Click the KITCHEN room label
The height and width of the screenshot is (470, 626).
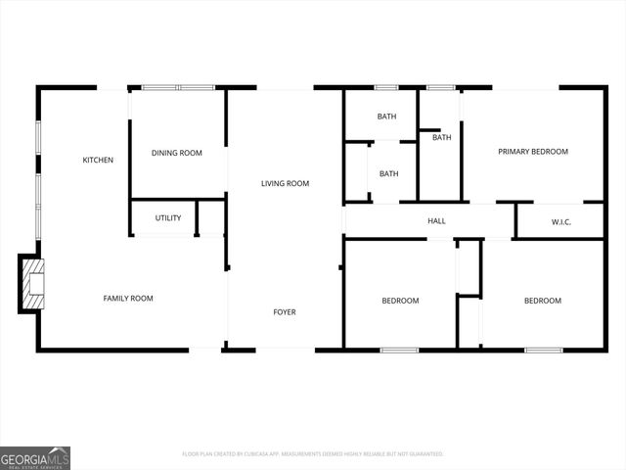(98, 160)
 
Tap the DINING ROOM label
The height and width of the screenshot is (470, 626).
(176, 153)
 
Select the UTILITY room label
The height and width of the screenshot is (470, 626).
(168, 217)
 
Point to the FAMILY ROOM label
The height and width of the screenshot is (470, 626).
(128, 298)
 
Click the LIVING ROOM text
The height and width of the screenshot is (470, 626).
(285, 183)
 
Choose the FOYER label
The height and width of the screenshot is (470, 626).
(284, 312)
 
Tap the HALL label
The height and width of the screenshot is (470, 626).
(436, 221)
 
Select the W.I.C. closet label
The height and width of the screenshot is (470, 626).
(560, 222)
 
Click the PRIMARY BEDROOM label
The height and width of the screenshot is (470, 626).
(533, 152)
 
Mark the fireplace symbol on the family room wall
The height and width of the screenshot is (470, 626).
(33, 283)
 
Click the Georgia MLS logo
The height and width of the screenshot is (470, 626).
(35, 457)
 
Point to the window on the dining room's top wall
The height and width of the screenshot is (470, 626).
(178, 88)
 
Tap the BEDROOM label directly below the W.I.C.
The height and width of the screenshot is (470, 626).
(543, 301)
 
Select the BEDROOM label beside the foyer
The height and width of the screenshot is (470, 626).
(400, 301)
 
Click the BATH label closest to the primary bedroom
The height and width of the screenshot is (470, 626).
(442, 137)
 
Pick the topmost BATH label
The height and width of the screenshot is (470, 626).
(387, 117)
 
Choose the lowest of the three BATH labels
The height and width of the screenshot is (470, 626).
(388, 174)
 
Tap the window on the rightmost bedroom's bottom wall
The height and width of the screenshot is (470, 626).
(543, 350)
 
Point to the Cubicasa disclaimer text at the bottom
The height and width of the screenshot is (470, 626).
(313, 454)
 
